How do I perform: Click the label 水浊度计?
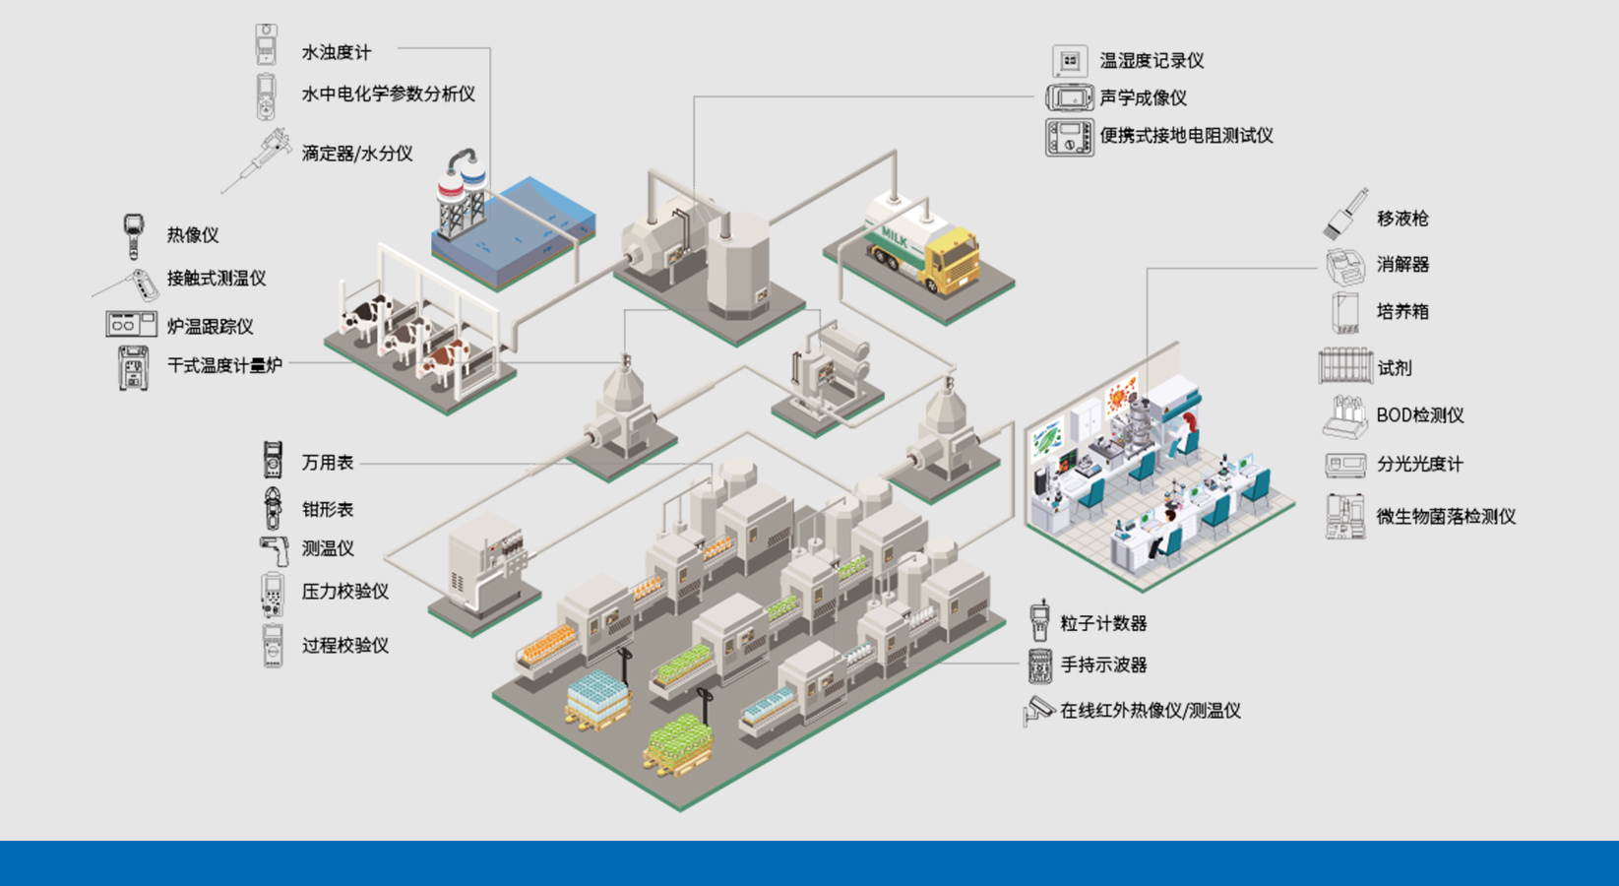pyautogui.click(x=336, y=52)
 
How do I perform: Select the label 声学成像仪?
pyautogui.click(x=1143, y=97)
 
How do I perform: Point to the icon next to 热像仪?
pyautogui.click(x=133, y=234)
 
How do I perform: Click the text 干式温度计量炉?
pyautogui.click(x=224, y=365)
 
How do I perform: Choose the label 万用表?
pyautogui.click(x=327, y=462)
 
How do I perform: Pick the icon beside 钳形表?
pyautogui.click(x=273, y=508)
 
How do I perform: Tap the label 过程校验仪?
pyautogui.click(x=344, y=645)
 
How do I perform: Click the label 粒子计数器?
pyautogui.click(x=1103, y=623)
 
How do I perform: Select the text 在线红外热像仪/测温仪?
pyautogui.click(x=1150, y=710)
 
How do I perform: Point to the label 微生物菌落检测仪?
pyautogui.click(x=1445, y=516)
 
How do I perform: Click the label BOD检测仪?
pyautogui.click(x=1419, y=415)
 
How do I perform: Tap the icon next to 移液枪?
pyautogui.click(x=1344, y=214)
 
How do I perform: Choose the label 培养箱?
pyautogui.click(x=1401, y=311)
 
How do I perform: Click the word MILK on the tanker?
pyautogui.click(x=895, y=236)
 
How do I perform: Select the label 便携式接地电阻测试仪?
pyautogui.click(x=1186, y=135)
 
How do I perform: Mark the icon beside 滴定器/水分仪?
pyautogui.click(x=258, y=158)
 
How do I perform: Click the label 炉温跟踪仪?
pyautogui.click(x=210, y=326)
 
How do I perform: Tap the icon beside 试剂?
pyautogui.click(x=1344, y=366)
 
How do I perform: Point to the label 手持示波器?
pyautogui.click(x=1103, y=664)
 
